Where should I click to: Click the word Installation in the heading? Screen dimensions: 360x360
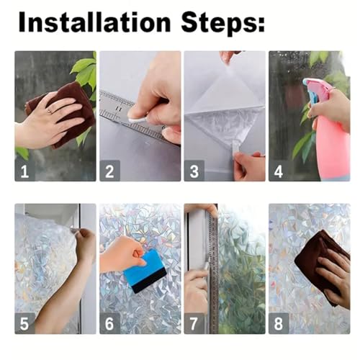tap(94, 22)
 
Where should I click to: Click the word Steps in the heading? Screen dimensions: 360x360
tap(220, 24)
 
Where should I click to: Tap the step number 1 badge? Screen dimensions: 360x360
tap(24, 171)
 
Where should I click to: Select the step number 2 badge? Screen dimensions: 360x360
tap(109, 171)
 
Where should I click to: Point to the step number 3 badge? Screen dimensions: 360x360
tap(194, 171)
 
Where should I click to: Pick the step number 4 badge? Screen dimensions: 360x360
tap(279, 171)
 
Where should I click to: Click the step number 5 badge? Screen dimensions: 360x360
tap(24, 323)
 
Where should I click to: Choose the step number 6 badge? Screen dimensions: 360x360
tap(109, 323)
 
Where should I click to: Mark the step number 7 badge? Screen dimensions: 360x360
tap(194, 323)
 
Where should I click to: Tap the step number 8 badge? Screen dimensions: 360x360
tap(279, 323)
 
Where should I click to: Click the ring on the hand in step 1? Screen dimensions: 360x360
tap(50, 111)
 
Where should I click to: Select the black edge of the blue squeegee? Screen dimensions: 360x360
tap(150, 281)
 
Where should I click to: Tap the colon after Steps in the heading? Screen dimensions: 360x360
tap(261, 24)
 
